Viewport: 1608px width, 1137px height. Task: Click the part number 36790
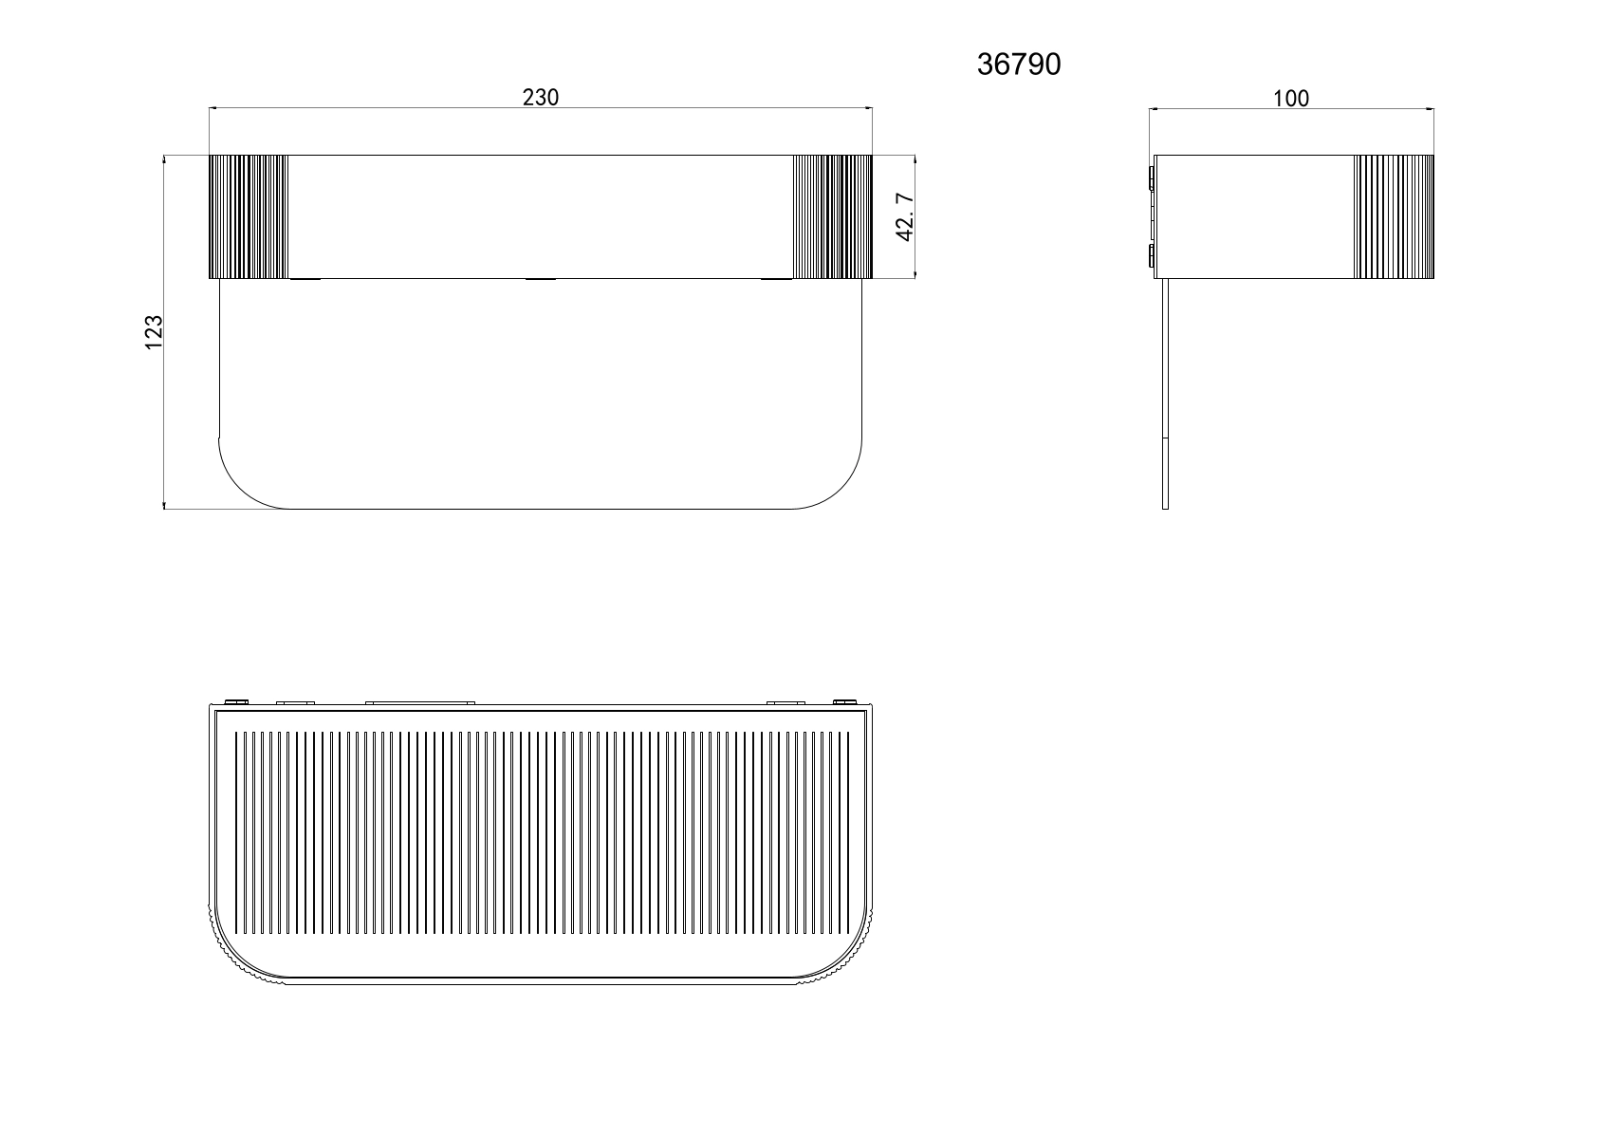click(1019, 65)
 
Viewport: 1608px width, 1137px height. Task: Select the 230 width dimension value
click(541, 97)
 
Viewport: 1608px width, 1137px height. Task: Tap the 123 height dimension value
click(155, 332)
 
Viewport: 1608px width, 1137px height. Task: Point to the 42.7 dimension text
click(904, 216)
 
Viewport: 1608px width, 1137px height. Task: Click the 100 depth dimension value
click(1290, 98)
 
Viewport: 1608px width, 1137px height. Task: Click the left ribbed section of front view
click(248, 216)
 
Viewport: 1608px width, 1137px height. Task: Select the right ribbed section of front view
click(832, 216)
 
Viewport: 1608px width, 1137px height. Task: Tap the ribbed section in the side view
click(1394, 216)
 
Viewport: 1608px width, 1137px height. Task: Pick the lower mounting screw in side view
click(1151, 256)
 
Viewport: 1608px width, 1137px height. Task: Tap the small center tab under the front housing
click(541, 279)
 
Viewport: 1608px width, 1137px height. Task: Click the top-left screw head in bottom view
click(237, 701)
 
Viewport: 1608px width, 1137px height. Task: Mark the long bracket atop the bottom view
click(419, 703)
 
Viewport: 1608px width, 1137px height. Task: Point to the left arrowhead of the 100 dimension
click(1155, 109)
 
